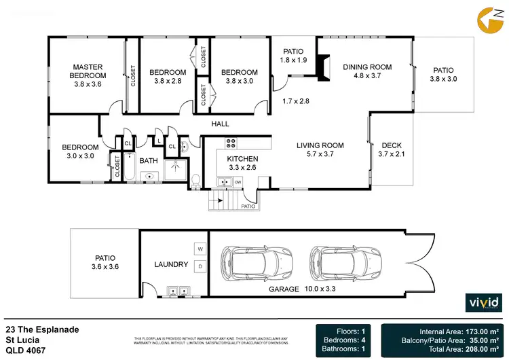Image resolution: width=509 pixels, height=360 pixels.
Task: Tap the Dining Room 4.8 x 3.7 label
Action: pos(367,71)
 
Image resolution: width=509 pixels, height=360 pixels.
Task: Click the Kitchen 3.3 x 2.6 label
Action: pos(238,163)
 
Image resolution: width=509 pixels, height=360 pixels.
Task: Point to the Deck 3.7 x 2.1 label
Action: pos(392,149)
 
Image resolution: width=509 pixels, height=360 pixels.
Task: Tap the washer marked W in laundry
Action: pos(200,248)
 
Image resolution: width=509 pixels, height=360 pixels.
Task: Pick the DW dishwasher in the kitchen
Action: pos(238,182)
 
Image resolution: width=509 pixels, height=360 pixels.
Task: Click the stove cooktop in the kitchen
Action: pos(230,143)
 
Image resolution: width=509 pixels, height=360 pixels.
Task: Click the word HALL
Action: pos(220,124)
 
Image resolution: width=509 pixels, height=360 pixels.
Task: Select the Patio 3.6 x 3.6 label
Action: pos(105,262)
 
